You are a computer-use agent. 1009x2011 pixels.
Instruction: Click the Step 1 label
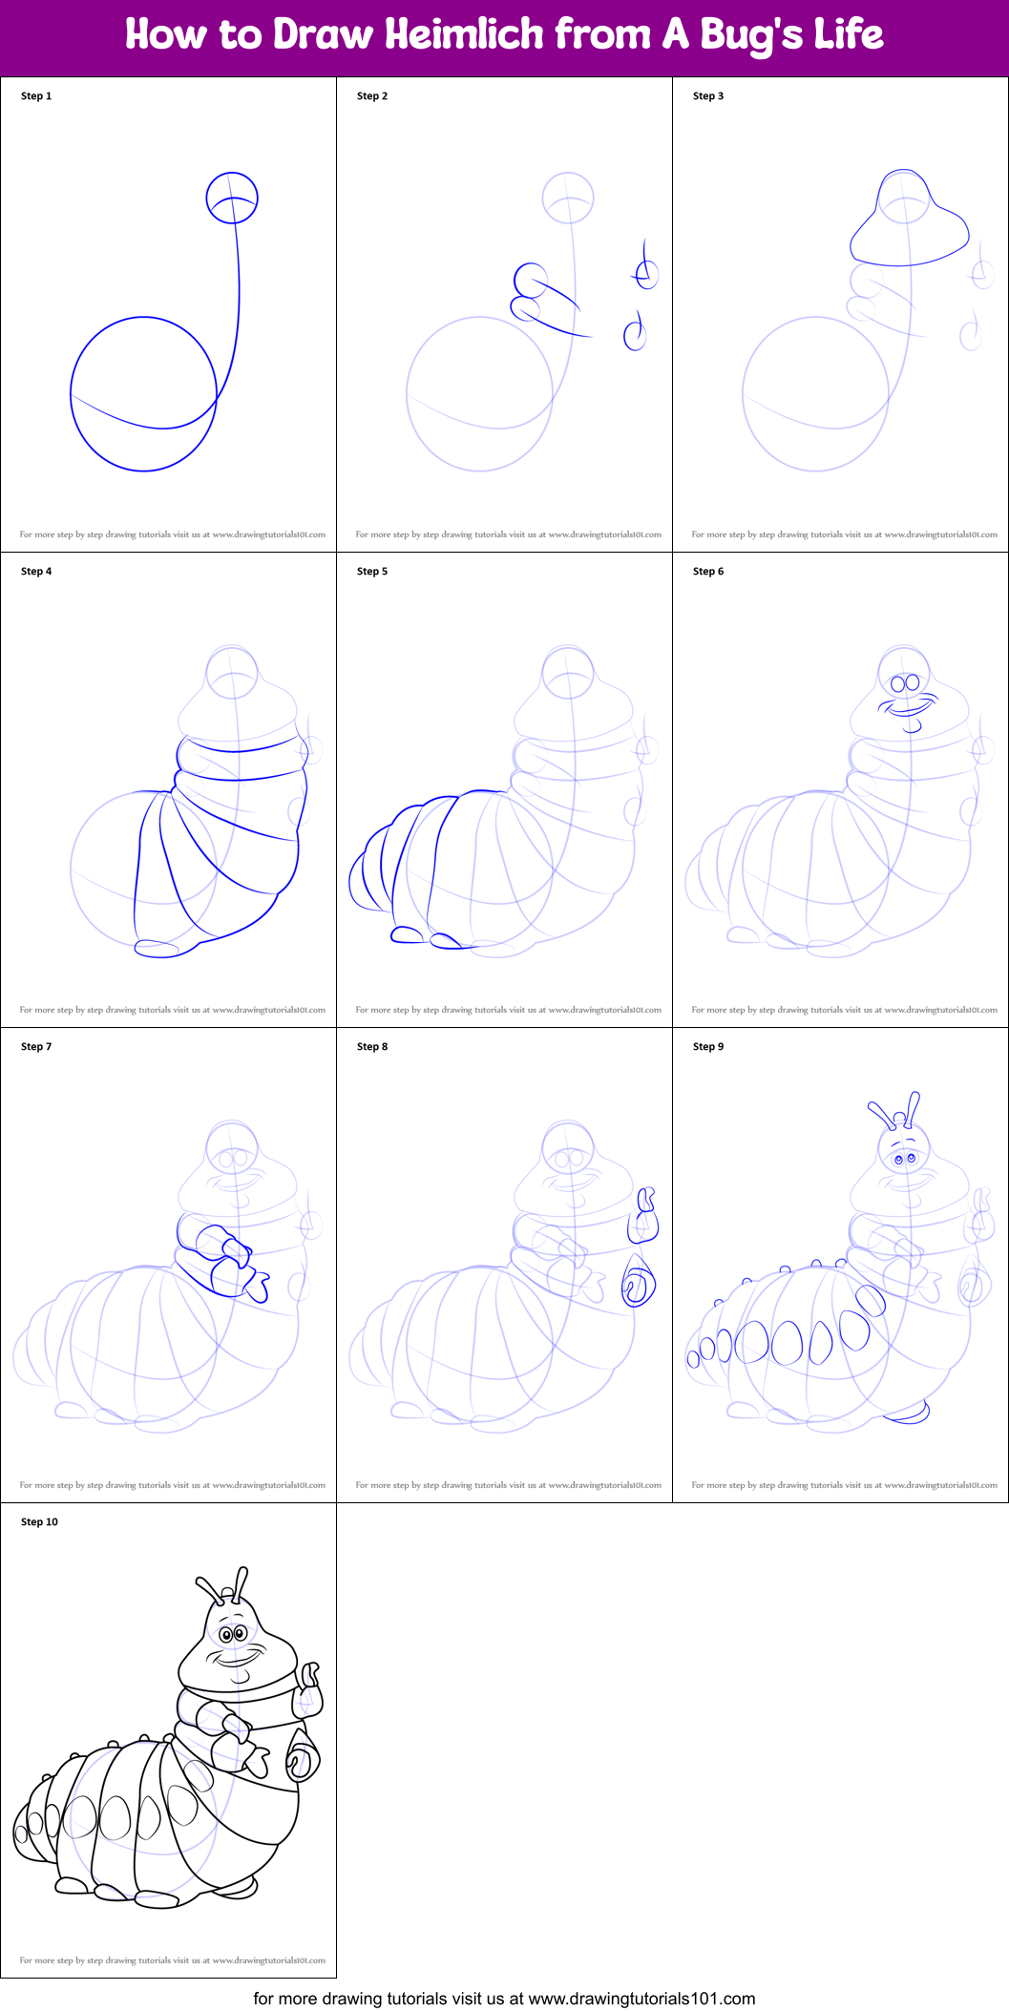point(36,96)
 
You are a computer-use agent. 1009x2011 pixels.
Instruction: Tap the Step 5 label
point(372,572)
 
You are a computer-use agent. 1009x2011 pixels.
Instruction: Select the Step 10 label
point(39,1522)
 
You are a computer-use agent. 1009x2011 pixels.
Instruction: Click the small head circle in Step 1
point(232,198)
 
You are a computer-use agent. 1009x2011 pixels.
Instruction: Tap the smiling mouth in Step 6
point(909,709)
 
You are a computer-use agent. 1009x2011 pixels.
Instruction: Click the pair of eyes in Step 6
point(904,682)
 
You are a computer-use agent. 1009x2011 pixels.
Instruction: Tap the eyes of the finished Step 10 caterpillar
point(233,1634)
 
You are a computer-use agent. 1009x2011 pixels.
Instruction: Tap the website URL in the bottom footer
point(641,1999)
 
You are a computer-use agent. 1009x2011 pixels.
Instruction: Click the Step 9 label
point(708,1047)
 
